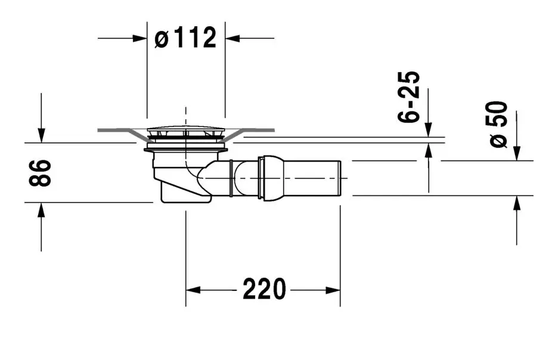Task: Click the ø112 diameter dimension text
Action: coord(185,38)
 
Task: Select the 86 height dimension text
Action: coord(40,173)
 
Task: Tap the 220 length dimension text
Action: coord(264,289)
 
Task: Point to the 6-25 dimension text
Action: coord(409,97)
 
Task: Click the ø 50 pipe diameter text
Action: coord(499,124)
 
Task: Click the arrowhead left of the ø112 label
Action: coord(140,38)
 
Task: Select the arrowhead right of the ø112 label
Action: coord(232,38)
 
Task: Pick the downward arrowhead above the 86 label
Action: coord(41,135)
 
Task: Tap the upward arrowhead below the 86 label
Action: coord(41,210)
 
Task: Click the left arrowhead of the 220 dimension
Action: coord(193,290)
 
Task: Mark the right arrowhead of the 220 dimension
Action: coord(333,290)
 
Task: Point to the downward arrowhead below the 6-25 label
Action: coord(428,129)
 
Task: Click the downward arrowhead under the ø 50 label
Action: coord(517,153)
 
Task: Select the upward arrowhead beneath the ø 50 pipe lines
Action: coord(517,203)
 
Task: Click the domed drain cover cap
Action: coord(186,129)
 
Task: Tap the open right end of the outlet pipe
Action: coord(340,178)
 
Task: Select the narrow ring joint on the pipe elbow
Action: coord(231,178)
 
